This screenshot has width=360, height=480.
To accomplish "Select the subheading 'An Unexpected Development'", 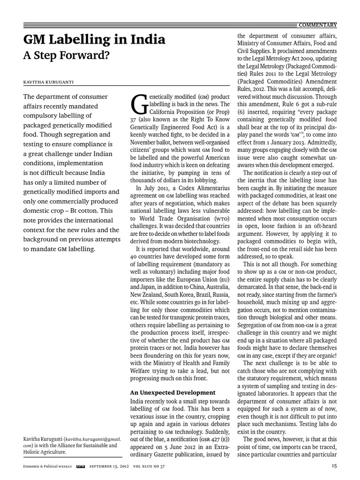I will click(172, 392).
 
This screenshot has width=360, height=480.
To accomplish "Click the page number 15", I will click(334, 465).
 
